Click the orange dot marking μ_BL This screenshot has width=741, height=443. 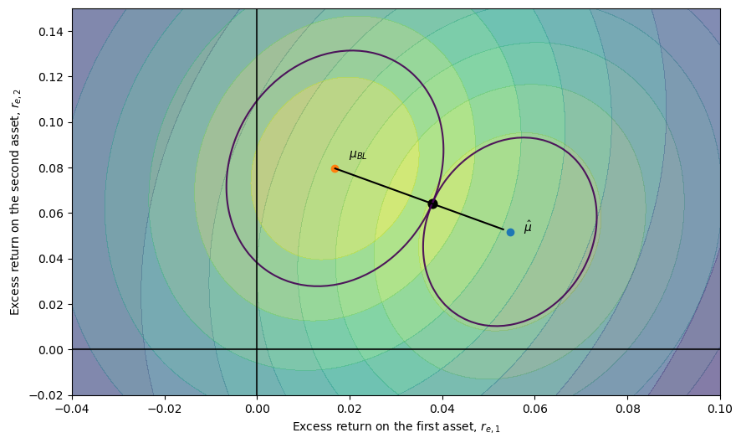point(335,168)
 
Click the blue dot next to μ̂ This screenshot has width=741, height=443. point(510,232)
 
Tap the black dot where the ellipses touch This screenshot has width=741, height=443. point(432,203)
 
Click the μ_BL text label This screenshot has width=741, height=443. point(358,155)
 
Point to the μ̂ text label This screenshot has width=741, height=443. point(528,227)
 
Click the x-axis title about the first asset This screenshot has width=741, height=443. point(396,427)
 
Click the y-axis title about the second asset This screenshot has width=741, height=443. point(15,202)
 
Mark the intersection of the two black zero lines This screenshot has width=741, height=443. point(257,349)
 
